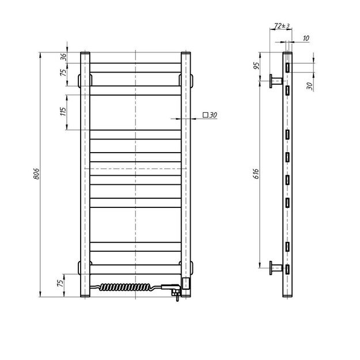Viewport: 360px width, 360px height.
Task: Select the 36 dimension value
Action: pyautogui.click(x=64, y=57)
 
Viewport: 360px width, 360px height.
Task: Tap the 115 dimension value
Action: pyautogui.click(x=64, y=111)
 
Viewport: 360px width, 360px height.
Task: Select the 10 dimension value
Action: pyautogui.click(x=305, y=38)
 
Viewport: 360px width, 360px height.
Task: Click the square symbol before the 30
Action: pyautogui.click(x=205, y=115)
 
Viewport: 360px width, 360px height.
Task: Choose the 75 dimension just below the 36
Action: pyautogui.click(x=64, y=74)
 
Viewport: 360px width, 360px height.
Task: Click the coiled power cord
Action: pyautogui.click(x=127, y=286)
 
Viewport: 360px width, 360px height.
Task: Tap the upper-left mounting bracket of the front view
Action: pyautogui.click(x=80, y=77)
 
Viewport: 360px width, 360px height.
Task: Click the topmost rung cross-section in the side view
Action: pyautogui.click(x=287, y=67)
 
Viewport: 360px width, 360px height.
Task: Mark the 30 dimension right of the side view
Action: pyautogui.click(x=309, y=86)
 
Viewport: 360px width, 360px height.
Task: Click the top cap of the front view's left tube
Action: pyautogui.click(x=86, y=54)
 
